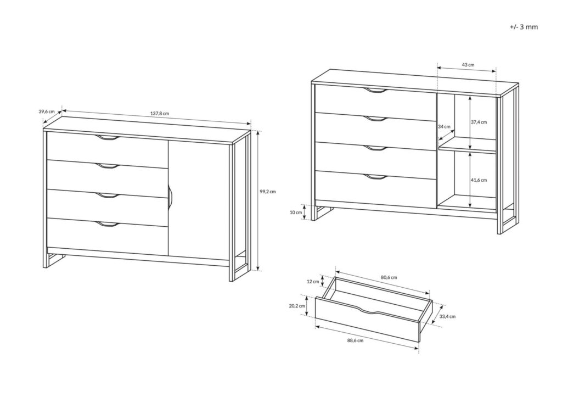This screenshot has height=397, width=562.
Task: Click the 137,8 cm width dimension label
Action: [160, 114]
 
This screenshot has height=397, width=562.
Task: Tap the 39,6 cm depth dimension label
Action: [47, 111]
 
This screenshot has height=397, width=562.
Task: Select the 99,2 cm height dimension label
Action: [267, 192]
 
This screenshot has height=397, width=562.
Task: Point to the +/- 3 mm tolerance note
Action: [523, 26]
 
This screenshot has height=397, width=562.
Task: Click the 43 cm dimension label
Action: [468, 65]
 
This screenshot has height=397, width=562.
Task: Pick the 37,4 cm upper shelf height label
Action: [479, 122]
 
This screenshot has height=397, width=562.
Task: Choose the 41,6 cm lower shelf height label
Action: [479, 180]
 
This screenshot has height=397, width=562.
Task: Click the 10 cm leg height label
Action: [296, 211]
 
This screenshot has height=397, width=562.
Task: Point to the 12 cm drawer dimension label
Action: [312, 281]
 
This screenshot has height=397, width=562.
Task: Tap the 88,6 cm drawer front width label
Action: [357, 341]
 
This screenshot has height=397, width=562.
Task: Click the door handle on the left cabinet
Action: [170, 196]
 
